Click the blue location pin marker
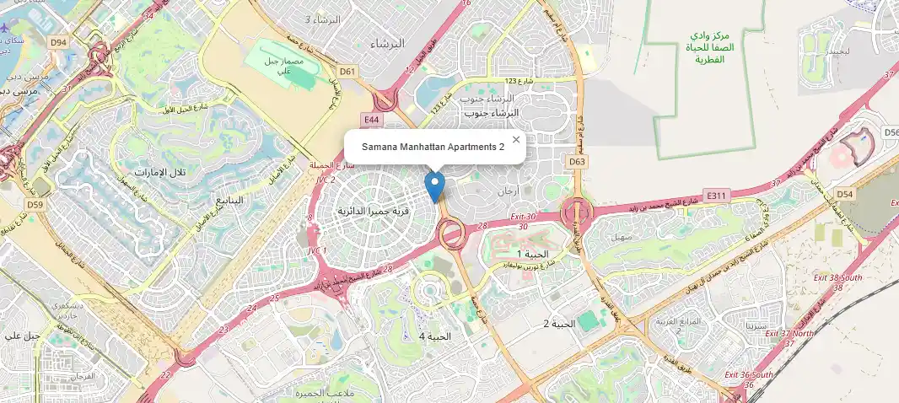[x=434, y=185]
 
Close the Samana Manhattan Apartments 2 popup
[x=516, y=140]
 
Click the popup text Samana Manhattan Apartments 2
[x=433, y=147]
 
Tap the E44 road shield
[x=370, y=121]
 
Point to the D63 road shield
[x=578, y=161]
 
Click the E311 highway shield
[x=718, y=196]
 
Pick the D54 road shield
[x=846, y=195]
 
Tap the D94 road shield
[x=58, y=41]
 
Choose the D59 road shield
[x=35, y=205]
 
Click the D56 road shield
[x=891, y=132]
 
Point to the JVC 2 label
[x=326, y=180]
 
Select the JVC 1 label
[x=317, y=250]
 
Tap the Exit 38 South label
[x=837, y=277]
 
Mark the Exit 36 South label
[x=746, y=375]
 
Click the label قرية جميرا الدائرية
[x=374, y=211]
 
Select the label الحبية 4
[x=435, y=336]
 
